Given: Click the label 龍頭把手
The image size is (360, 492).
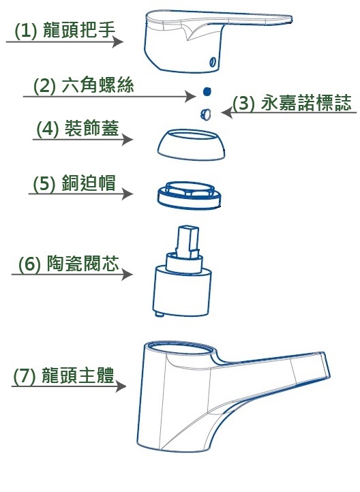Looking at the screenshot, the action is pos(78,30).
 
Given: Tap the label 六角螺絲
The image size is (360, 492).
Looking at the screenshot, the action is pos(98,84).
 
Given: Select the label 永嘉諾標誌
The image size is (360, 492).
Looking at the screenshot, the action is pos(305,102).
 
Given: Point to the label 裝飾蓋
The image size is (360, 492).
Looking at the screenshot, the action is pos(91,128).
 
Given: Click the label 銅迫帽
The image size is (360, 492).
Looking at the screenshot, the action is pos(89,183).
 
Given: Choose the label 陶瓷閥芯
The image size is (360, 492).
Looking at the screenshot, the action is pos(83,263).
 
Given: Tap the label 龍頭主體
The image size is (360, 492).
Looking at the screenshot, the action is pos(78,375).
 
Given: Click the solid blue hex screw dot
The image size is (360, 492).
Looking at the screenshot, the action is pos(207,91).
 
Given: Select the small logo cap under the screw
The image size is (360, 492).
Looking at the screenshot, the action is pos(206,114).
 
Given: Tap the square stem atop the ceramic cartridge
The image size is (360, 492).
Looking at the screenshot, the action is pos(187,242).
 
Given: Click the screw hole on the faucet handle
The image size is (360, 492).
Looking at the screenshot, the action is pos(213,61).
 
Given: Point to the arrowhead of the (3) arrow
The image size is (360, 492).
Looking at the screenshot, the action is pos(226,112).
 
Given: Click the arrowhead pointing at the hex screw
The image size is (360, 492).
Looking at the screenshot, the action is pos(190,96).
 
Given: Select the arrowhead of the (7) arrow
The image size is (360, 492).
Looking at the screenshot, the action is pos(121,386).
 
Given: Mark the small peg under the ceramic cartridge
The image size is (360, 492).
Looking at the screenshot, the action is pos(160,313).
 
